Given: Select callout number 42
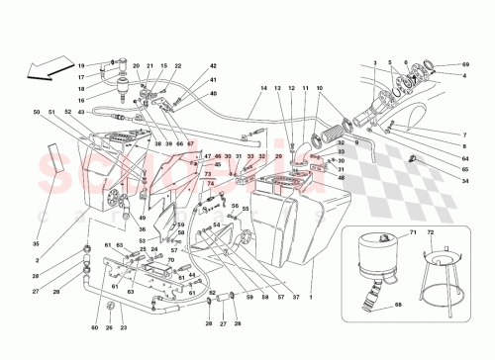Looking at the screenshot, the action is [213, 66].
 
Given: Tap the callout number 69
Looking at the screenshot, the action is [465, 64].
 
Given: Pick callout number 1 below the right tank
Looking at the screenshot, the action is [312, 297].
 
